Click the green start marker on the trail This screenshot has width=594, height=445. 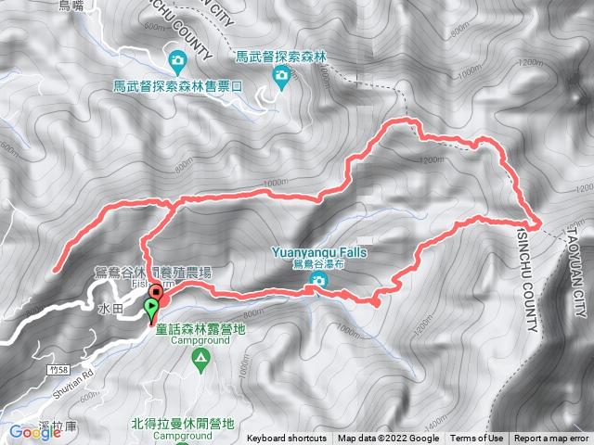coord(152,315)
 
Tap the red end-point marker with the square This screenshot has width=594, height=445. coord(156,296)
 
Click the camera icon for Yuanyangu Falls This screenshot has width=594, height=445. coord(308,288)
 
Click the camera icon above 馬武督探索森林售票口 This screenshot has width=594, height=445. coord(177,62)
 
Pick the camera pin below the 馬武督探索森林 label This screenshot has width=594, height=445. coord(280,75)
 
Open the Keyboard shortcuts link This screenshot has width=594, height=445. coord(287,439)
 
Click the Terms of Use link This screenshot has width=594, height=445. coord(477,439)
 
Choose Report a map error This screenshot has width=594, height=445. coord(551,439)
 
